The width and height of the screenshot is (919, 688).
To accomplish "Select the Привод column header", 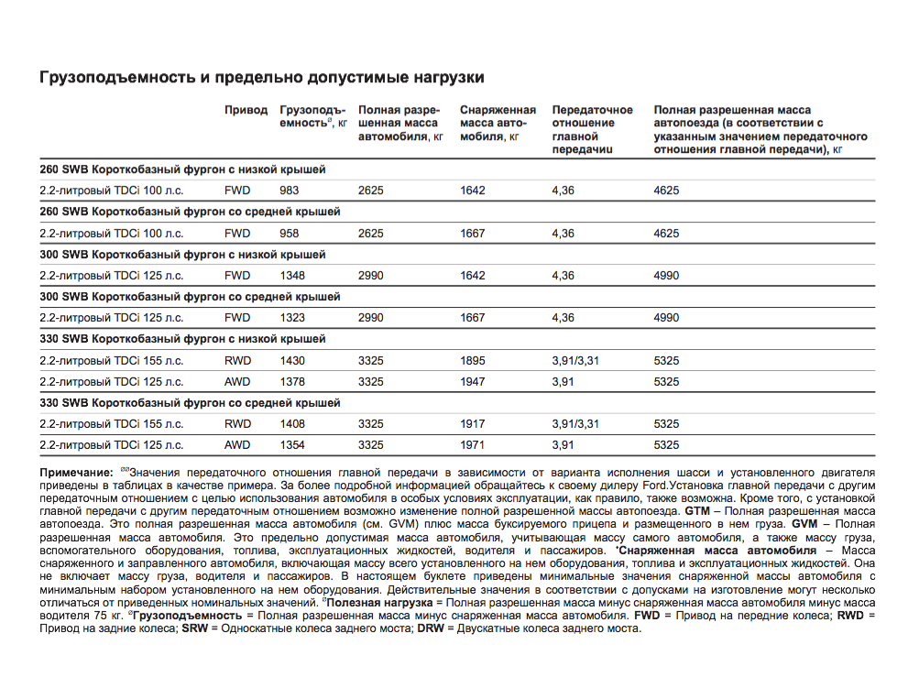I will click(x=246, y=110).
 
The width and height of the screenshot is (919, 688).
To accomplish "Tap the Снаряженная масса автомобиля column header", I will click(x=498, y=123).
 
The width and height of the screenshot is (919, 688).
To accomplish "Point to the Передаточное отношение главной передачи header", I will click(x=592, y=129).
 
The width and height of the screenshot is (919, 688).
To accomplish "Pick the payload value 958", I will click(x=290, y=234).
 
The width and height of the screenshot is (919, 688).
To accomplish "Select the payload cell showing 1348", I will click(x=292, y=276).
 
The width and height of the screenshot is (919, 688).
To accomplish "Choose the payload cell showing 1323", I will click(x=292, y=318).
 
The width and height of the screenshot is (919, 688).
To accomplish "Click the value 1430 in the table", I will click(x=292, y=361).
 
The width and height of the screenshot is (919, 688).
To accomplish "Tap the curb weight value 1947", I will click(x=473, y=382).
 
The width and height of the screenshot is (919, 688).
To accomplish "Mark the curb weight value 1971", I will click(x=473, y=445).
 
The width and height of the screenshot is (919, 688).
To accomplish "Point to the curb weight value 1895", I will click(x=473, y=361).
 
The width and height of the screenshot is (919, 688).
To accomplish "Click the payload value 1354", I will click(x=292, y=445).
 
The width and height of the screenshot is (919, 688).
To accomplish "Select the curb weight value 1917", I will click(x=473, y=424).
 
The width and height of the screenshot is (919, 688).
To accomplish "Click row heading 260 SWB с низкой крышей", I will click(x=182, y=169).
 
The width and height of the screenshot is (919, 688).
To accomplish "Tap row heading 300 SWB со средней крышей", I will click(x=190, y=297).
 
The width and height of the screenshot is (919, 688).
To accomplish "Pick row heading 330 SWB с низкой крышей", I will click(x=182, y=339).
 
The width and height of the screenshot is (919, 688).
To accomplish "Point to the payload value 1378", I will click(x=292, y=382).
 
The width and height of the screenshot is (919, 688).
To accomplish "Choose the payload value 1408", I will click(x=292, y=424).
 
